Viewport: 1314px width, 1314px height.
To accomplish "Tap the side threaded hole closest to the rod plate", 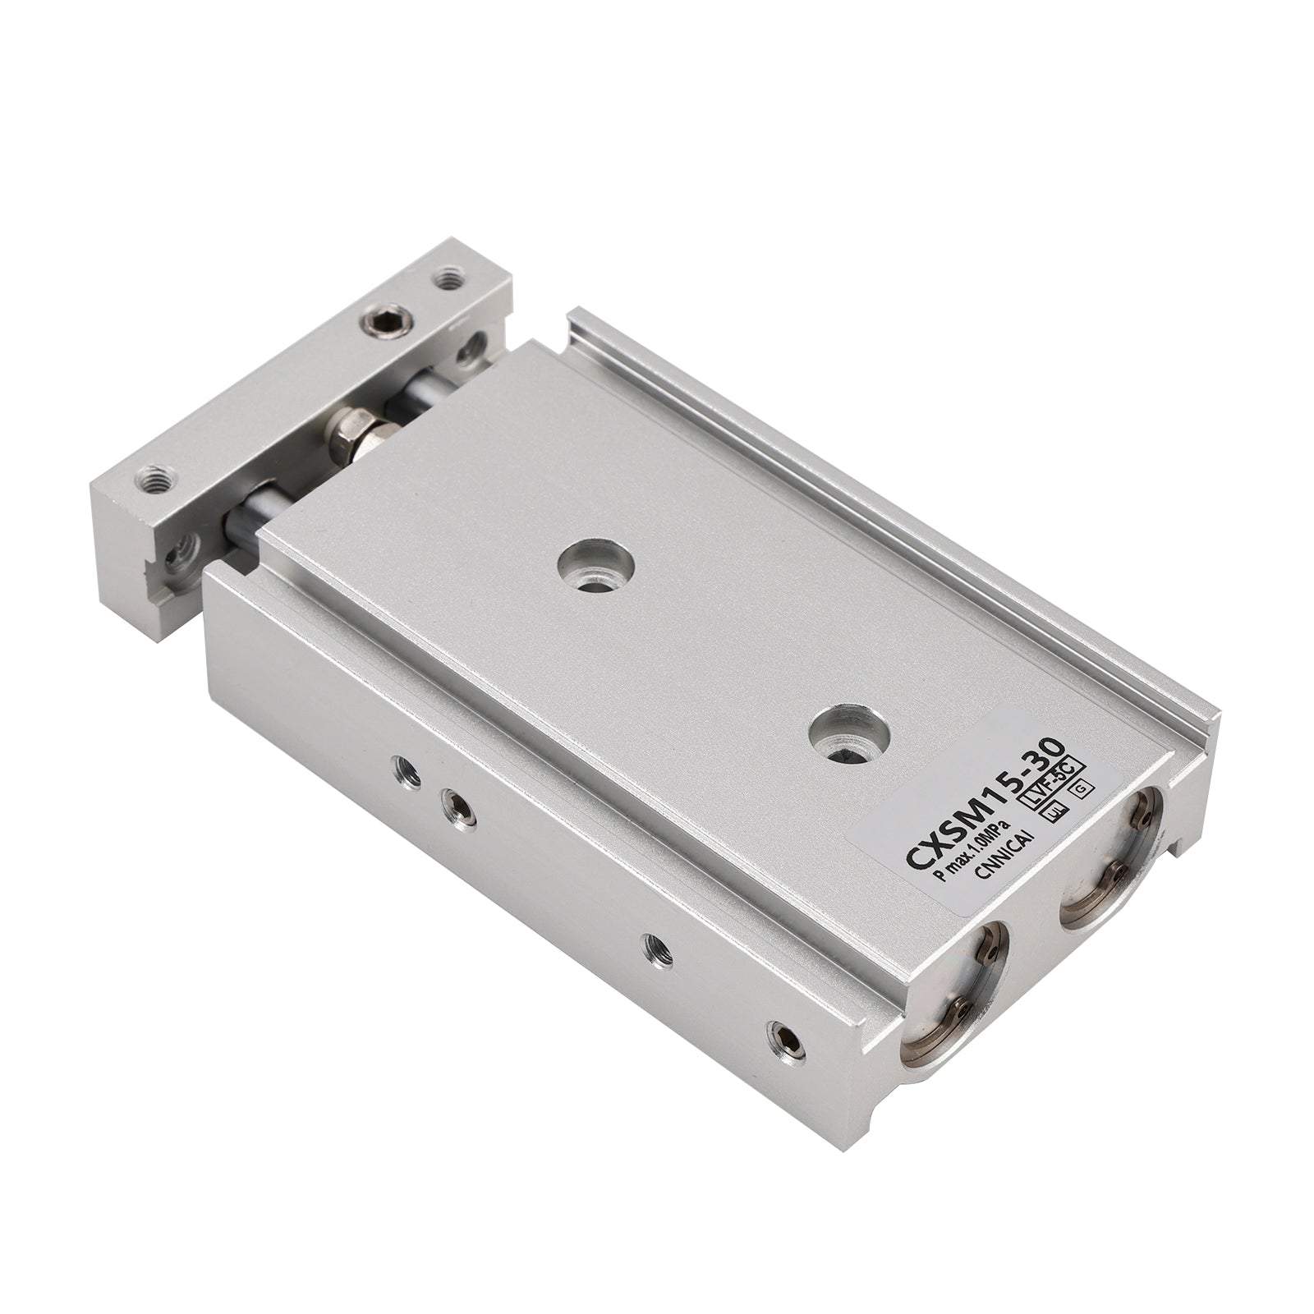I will coord(404,769).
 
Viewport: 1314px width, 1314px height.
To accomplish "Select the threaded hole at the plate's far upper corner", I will coord(448,279).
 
